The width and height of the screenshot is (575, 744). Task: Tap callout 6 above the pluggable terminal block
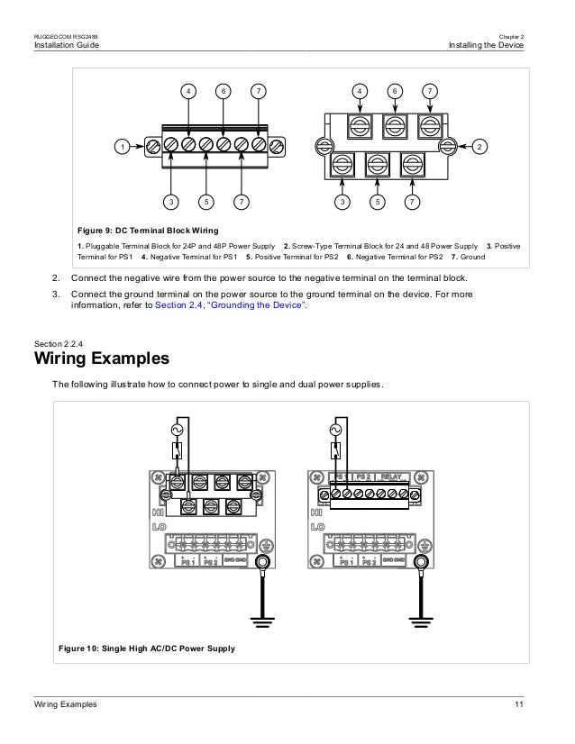223,92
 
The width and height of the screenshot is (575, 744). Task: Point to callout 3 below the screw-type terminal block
342,202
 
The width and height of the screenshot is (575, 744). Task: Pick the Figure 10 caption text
146,649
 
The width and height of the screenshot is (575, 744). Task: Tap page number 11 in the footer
518,703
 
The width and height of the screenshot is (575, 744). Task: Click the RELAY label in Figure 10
393,476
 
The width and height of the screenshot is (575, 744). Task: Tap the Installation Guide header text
66,45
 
